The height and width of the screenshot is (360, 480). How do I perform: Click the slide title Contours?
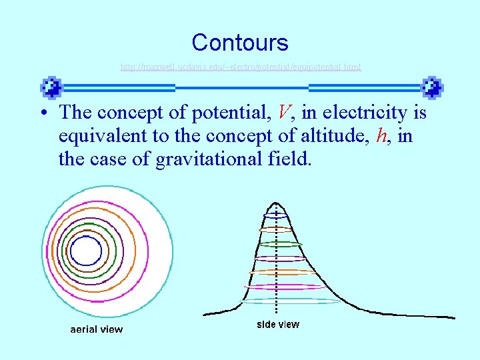[x=240, y=43]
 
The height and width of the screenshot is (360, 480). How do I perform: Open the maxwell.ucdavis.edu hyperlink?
[x=240, y=67]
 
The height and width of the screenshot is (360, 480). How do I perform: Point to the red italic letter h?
[x=382, y=136]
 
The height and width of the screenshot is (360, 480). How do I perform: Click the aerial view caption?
[x=97, y=329]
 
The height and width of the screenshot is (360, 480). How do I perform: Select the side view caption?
[x=278, y=325]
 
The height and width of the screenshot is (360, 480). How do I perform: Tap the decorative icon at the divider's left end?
[x=51, y=87]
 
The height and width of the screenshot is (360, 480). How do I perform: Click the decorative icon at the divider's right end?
[x=432, y=87]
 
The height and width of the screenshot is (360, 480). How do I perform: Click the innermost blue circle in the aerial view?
[x=86, y=251]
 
